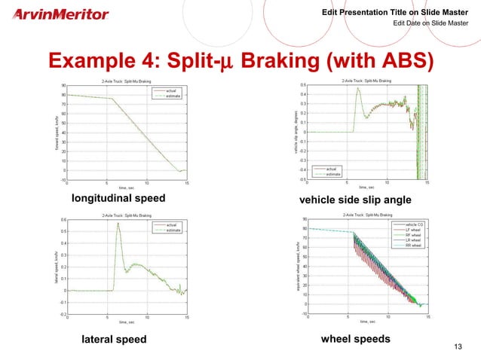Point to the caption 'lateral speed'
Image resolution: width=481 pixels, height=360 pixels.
pos(114,340)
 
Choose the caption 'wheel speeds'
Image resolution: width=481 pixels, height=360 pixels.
pos(355,339)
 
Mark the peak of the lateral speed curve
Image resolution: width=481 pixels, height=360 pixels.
pos(118,224)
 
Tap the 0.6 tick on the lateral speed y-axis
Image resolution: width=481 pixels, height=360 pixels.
pos(63,220)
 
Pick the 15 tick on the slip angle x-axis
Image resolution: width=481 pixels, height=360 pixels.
pos(427,182)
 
